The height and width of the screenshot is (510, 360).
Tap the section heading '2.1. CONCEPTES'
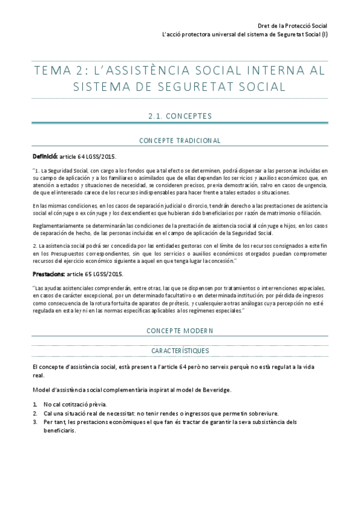pyautogui.click(x=180, y=115)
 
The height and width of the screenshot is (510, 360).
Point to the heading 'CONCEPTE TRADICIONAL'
pyautogui.click(x=180, y=140)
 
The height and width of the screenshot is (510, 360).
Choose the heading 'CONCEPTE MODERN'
pyautogui.click(x=180, y=331)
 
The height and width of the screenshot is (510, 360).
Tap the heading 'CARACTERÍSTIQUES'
pyautogui.click(x=180, y=350)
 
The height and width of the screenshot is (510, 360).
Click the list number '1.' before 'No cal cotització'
pyautogui.click(x=35, y=404)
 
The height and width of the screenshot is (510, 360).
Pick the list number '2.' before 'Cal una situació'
pyautogui.click(x=35, y=413)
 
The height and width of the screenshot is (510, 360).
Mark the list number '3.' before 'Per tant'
pyautogui.click(x=35, y=422)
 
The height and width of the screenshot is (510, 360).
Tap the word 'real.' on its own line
pyautogui.click(x=40, y=375)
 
